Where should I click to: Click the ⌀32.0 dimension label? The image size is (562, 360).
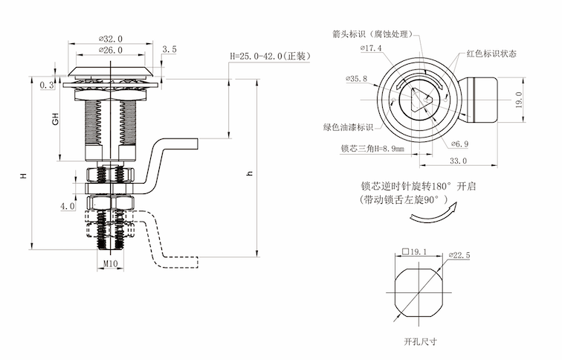point(109,39)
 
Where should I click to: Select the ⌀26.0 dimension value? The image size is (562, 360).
point(109,50)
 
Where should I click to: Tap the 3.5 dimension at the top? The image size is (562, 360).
point(169,49)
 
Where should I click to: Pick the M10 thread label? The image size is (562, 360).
point(110,263)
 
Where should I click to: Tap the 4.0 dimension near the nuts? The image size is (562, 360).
point(67,205)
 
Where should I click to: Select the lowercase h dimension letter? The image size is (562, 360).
point(250,173)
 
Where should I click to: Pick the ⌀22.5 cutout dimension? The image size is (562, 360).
point(459,255)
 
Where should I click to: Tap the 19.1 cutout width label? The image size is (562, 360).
point(416,252)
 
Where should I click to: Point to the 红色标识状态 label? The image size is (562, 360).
point(491,54)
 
